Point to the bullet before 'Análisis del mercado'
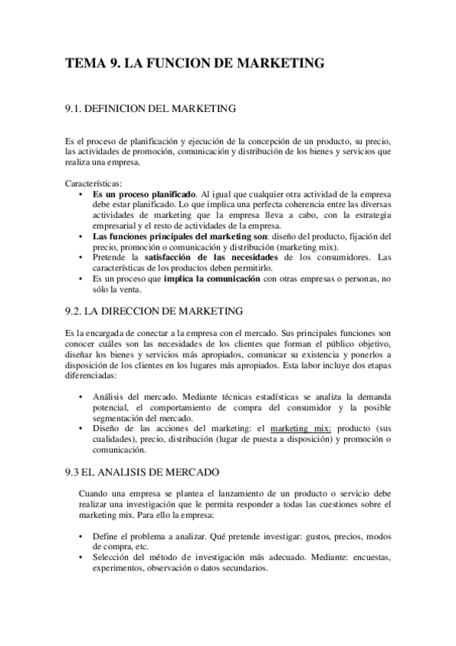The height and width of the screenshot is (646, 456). (81, 396)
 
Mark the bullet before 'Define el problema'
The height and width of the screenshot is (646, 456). (81, 536)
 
